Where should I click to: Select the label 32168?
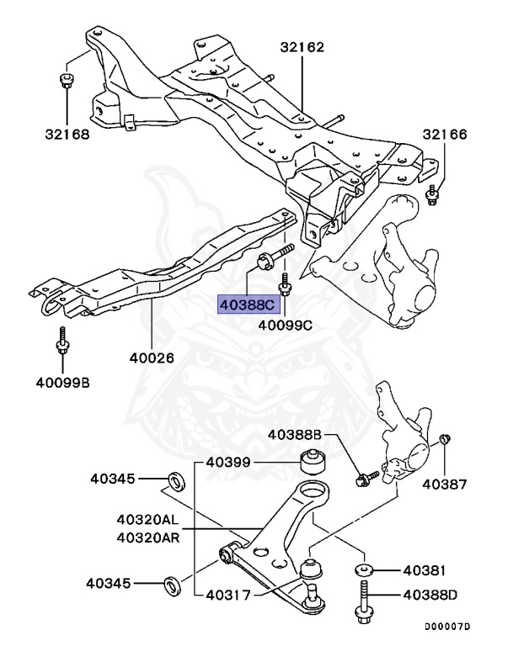tap(67, 134)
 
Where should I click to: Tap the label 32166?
tap(444, 135)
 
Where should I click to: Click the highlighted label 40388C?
tap(248, 304)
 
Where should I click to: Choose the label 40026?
tap(152, 357)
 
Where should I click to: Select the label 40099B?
tap(62, 384)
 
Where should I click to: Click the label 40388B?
tap(296, 435)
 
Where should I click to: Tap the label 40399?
tap(228, 462)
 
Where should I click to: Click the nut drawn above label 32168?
tap(67, 81)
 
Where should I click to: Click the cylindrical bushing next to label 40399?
tap(313, 462)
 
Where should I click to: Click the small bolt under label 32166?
tap(432, 196)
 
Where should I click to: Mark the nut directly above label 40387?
tap(445, 440)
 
